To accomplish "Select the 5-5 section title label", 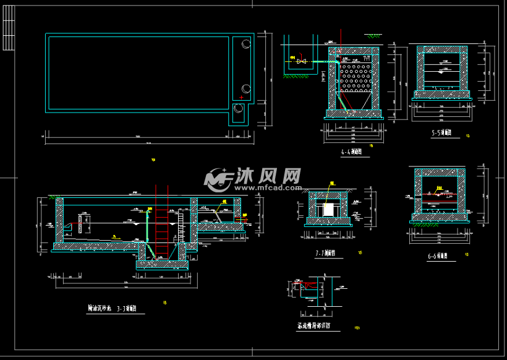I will pyautogui.click(x=441, y=133).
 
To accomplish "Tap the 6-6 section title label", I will pyautogui.click(x=441, y=255).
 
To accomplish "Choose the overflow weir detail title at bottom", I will pyautogui.click(x=313, y=325).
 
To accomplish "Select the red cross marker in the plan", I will pyautogui.click(x=241, y=97).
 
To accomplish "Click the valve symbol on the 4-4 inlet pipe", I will pyautogui.click(x=302, y=61).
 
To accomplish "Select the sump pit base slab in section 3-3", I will pyautogui.click(x=161, y=264).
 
